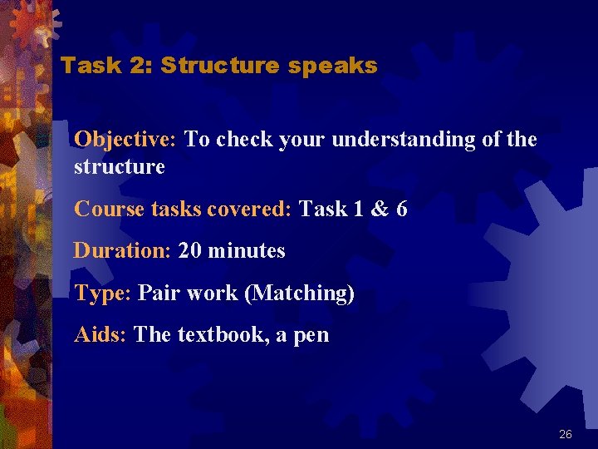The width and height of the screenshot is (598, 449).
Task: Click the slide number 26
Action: (566, 434)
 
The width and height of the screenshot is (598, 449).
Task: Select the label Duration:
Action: (122, 250)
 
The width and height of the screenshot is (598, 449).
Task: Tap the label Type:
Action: (103, 294)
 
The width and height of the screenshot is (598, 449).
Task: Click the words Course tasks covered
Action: (182, 209)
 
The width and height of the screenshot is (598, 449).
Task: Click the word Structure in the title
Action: (220, 66)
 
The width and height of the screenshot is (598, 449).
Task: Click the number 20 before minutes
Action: (190, 250)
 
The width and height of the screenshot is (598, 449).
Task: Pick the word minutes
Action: (247, 250)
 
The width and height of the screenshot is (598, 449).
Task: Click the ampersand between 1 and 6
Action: (379, 209)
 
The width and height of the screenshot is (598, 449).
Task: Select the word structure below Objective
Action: (120, 167)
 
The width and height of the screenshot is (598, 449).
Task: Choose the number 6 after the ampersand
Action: (402, 209)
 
